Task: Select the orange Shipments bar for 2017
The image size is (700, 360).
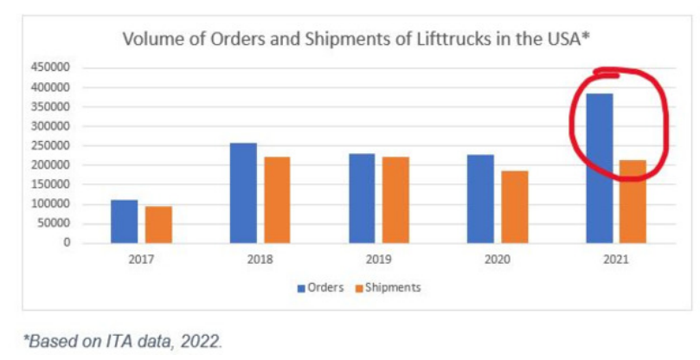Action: [x=158, y=225]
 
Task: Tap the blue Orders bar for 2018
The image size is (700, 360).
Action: [x=243, y=193]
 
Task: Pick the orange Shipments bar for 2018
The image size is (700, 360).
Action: [x=277, y=200]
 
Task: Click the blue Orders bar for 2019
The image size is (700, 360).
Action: [x=362, y=198]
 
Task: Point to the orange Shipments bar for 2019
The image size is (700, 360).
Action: [x=396, y=200]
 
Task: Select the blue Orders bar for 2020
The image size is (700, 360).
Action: [x=480, y=199]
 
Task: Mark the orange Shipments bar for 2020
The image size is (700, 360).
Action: [x=514, y=207]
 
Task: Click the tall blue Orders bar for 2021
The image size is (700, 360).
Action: [x=599, y=168]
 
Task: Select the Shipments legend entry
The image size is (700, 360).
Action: [x=388, y=287]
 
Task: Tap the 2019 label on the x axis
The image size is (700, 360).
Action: [x=379, y=260]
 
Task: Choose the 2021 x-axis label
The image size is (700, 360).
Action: [x=615, y=260]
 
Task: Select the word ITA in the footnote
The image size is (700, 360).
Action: [x=109, y=340]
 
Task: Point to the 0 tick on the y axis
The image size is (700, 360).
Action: [x=66, y=243]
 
